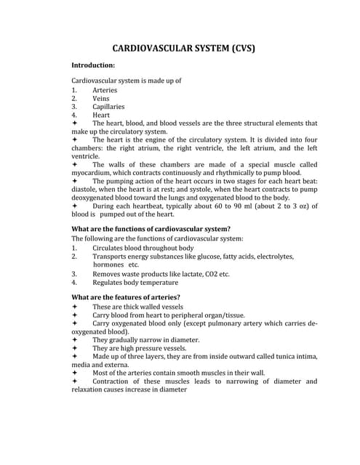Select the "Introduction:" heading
(93, 65)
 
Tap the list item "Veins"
(101, 98)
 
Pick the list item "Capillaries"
(108, 106)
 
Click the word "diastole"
(85, 189)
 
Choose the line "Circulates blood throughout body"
(143, 248)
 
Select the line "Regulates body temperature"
(135, 283)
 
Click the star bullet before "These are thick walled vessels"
(75, 307)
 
